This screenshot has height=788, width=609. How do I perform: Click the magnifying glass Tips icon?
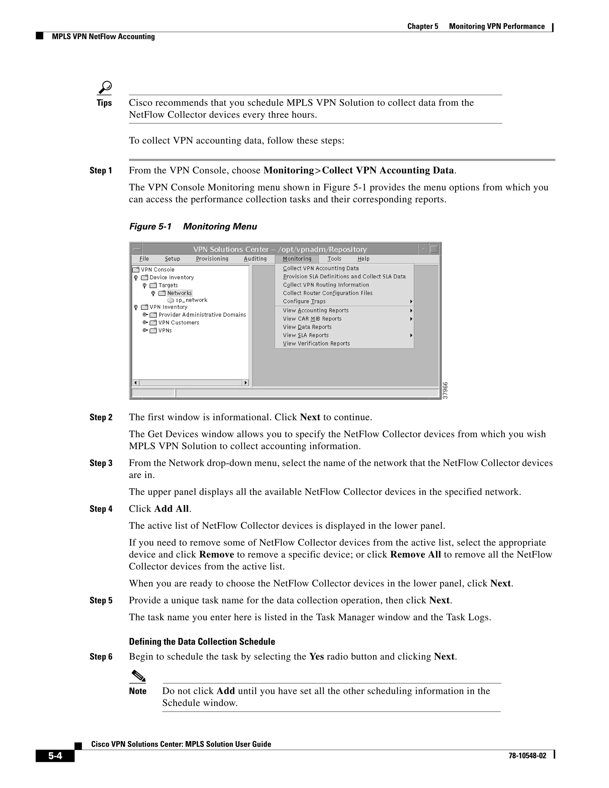coord(105,88)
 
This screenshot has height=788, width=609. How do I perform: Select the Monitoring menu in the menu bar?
coord(297,259)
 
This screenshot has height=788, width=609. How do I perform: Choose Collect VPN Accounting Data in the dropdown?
coord(321,268)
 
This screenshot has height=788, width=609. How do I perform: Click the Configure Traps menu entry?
coord(304,301)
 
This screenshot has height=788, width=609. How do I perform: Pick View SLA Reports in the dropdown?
coord(306,335)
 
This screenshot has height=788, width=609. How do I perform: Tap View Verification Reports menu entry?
coord(316,343)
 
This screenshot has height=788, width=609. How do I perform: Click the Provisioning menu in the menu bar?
coord(212,259)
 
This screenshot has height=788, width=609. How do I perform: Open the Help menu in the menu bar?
coord(363,259)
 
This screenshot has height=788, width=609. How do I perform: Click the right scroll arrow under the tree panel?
coord(246,382)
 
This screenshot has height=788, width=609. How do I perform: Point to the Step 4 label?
coord(101,509)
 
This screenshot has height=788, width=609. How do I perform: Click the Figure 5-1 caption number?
coord(150,227)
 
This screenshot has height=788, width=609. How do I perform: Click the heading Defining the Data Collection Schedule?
coord(202,641)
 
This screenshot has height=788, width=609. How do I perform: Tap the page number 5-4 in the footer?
coord(55,756)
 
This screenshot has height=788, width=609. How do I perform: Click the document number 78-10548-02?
coord(527,756)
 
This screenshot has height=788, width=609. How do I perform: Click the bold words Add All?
coord(171,509)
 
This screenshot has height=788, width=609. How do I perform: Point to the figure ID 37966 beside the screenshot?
coord(445,390)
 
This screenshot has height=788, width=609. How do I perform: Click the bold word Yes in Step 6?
coord(316,656)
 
